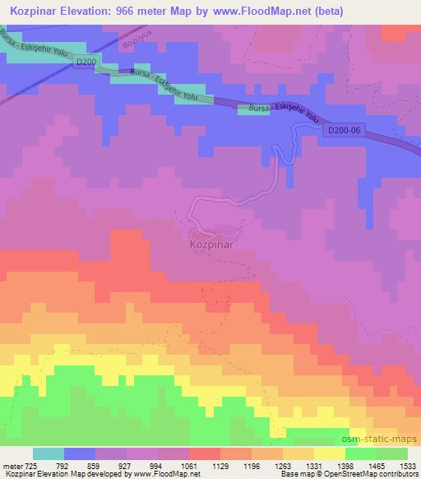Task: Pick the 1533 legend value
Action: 408,465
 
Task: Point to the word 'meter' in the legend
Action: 11,465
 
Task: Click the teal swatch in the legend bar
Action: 49,453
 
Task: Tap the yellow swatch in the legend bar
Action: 329,453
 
